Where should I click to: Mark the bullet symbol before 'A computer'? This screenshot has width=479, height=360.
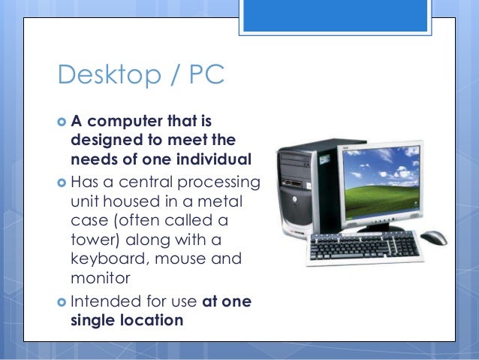[x=61, y=122]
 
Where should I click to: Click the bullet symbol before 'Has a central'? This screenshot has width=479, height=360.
[x=61, y=181]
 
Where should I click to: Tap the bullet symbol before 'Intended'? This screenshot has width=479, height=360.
[x=61, y=301]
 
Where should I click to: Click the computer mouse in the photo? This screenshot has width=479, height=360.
[x=434, y=239]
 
